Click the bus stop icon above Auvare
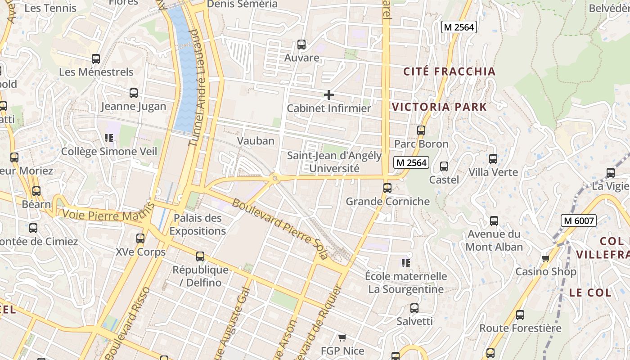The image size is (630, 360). [301, 45]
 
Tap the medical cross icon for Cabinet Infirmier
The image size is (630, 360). [329, 95]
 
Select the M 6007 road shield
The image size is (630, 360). [579, 220]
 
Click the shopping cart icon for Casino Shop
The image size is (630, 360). [545, 258]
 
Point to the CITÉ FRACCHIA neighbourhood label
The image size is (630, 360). [449, 72]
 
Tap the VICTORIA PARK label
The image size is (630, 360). [439, 107]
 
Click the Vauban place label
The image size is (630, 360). [256, 141]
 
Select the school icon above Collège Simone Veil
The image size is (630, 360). [109, 138]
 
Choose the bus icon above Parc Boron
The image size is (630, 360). [421, 130]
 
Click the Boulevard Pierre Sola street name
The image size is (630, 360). [280, 229]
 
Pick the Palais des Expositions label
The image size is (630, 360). [198, 225]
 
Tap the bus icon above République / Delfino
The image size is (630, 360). [200, 256]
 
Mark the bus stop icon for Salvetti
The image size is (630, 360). [414, 308]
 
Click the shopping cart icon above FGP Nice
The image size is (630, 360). [342, 337]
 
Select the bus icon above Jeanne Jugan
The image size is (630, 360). [134, 93]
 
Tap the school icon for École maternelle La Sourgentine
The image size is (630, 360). [406, 263]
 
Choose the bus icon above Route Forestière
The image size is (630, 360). [520, 315]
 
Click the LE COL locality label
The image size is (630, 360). [590, 292]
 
